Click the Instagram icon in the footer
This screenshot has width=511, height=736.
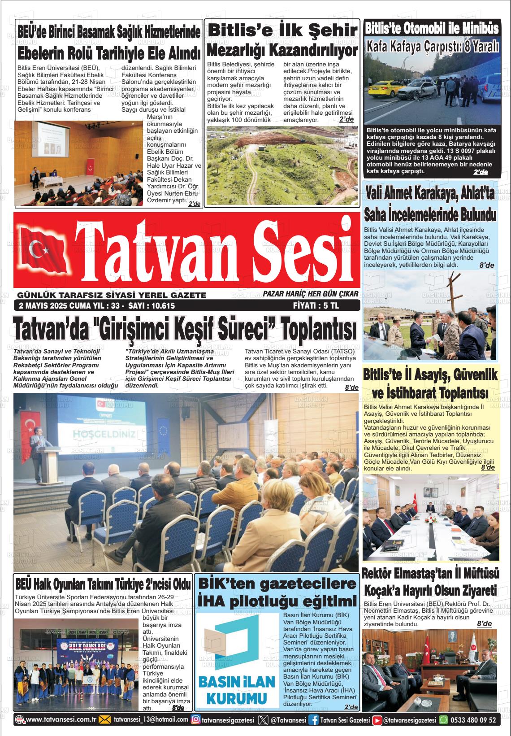(195, 720)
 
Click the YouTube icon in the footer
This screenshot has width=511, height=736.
(377, 720)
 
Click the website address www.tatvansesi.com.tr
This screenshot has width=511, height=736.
(61, 720)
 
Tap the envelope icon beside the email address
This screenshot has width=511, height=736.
(104, 720)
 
